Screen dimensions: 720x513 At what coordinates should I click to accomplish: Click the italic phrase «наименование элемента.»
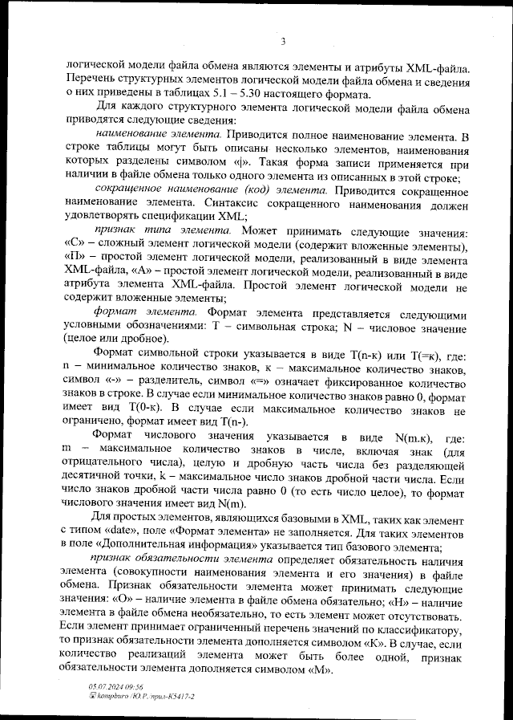click(158, 137)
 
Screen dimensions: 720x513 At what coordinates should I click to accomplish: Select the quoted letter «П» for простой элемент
click(73, 258)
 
